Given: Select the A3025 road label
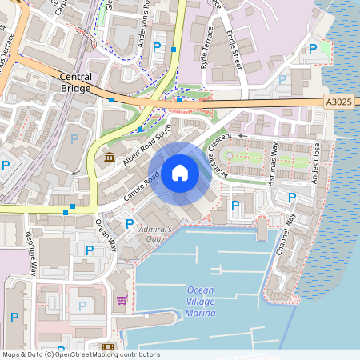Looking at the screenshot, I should coord(338,102).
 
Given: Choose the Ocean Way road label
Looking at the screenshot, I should coord(106,232).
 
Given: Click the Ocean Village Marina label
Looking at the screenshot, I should coord(201,301).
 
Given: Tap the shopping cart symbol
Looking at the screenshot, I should coord(122,300).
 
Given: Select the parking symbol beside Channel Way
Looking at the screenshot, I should coord(292,198).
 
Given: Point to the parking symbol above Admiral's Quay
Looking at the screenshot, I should coord(130,223).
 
